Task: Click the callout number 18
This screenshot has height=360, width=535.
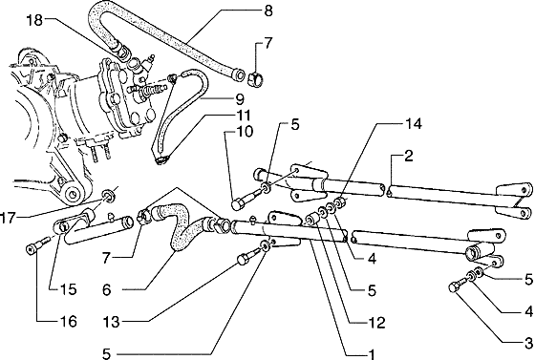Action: [x=34, y=20]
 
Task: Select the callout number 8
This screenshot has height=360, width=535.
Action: [x=268, y=11]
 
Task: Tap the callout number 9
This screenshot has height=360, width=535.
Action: [x=240, y=100]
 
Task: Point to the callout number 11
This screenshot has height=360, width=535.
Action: [x=243, y=116]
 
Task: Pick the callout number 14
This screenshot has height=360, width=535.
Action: [x=414, y=124]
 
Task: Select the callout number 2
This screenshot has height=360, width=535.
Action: [x=409, y=157]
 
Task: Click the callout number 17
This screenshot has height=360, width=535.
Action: [x=8, y=218]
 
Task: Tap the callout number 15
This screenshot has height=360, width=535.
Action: [x=69, y=289]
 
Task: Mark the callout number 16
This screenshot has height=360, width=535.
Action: [x=69, y=321]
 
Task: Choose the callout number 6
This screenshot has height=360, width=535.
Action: [x=107, y=290]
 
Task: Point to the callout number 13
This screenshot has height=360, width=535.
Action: [x=112, y=322]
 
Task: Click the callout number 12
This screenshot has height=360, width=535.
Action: [x=377, y=323]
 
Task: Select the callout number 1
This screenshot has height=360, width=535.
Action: [x=371, y=354]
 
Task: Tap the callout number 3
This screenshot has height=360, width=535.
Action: [x=528, y=342]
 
